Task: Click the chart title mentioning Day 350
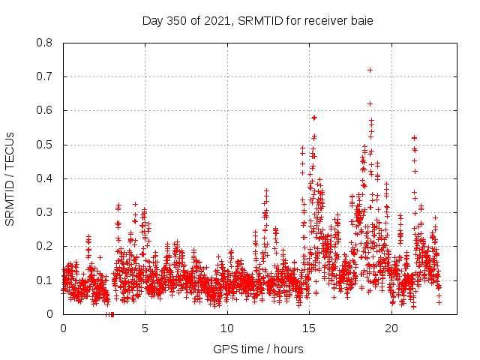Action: pyautogui.click(x=257, y=20)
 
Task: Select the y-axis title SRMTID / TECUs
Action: pyautogui.click(x=10, y=178)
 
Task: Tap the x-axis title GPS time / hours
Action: pyautogui.click(x=258, y=349)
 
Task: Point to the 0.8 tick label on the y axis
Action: pyautogui.click(x=44, y=43)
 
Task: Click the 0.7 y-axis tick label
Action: pyautogui.click(x=44, y=76)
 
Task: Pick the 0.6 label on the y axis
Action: pyautogui.click(x=44, y=110)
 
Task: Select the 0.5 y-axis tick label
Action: pyautogui.click(x=44, y=145)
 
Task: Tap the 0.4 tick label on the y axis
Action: pyautogui.click(x=44, y=178)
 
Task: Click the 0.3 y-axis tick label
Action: pyautogui.click(x=44, y=212)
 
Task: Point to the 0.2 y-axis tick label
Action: pyautogui.click(x=44, y=246)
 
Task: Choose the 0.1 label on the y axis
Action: pyautogui.click(x=44, y=280)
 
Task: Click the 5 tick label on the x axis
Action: pyautogui.click(x=145, y=328)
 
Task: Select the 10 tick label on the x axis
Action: pyautogui.click(x=227, y=328)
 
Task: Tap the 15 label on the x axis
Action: pyautogui.click(x=309, y=328)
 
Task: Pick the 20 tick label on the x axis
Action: pyautogui.click(x=391, y=328)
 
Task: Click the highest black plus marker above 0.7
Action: pyautogui.click(x=370, y=70)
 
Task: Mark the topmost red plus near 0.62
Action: pyautogui.click(x=370, y=103)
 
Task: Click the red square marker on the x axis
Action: pyautogui.click(x=112, y=313)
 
